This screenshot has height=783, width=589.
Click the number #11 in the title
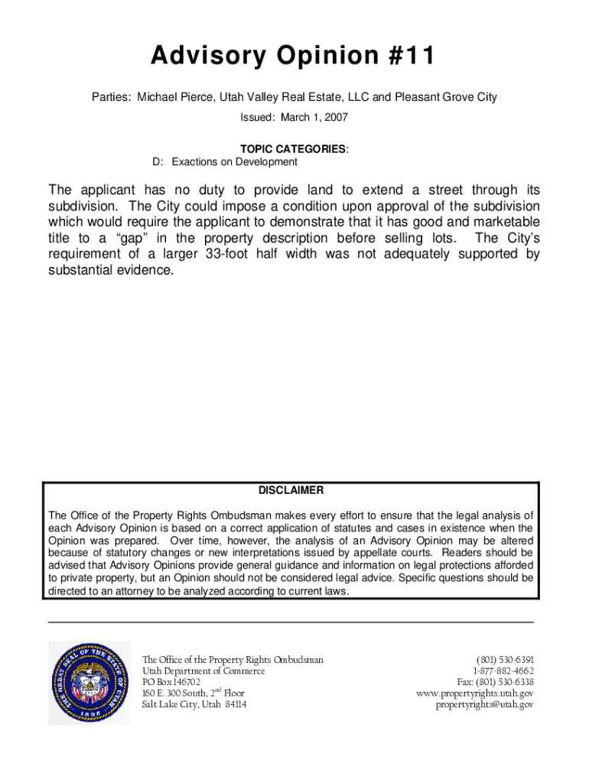[414, 57]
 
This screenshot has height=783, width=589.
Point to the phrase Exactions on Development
[234, 162]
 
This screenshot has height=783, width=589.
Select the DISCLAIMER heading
[291, 490]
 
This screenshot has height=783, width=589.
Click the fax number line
[495, 682]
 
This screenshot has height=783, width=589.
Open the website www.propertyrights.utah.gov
[474, 694]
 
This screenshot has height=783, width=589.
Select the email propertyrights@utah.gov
[484, 704]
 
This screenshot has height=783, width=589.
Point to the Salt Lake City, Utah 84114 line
[194, 704]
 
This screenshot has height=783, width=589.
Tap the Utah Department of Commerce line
[203, 671]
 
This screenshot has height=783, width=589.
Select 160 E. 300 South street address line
[193, 694]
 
